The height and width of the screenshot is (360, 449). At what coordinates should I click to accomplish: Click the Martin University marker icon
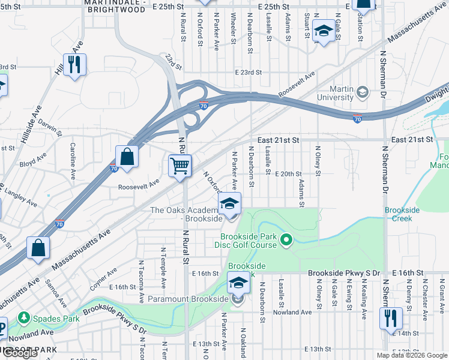coord(362,92)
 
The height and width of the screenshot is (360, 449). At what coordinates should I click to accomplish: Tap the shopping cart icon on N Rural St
coord(179,165)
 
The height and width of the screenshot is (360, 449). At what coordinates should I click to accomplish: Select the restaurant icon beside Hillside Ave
coord(74,64)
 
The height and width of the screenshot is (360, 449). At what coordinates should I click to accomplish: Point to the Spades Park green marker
coord(24,317)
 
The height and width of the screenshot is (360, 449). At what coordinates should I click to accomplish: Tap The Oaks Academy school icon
coord(229,203)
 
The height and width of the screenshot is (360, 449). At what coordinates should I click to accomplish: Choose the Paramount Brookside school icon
coord(238,282)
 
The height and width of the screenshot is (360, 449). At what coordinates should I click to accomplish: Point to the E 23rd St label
coord(249,72)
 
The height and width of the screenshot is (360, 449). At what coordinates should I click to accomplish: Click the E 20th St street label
coord(288,174)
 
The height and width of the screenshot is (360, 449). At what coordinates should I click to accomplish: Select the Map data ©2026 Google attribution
coord(411,355)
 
